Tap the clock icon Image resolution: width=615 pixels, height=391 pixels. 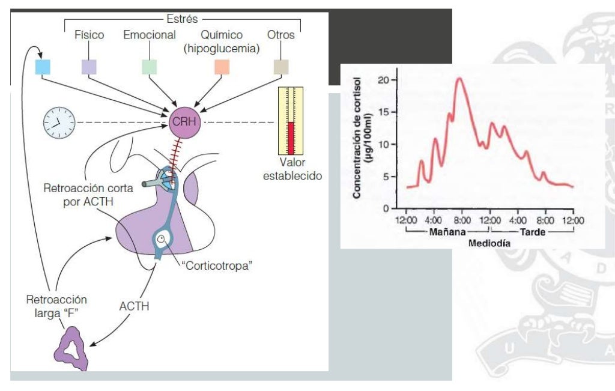(58, 123)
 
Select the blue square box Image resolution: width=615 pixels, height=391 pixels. (43, 66)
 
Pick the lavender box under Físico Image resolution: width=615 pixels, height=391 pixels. (89, 66)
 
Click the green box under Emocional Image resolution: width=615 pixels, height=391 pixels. (149, 66)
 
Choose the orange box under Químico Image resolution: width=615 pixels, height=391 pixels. (222, 66)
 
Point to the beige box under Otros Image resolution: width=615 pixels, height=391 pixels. (280, 66)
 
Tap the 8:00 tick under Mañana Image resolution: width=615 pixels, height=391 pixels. (462, 219)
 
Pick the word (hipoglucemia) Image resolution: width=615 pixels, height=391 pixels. (222, 49)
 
